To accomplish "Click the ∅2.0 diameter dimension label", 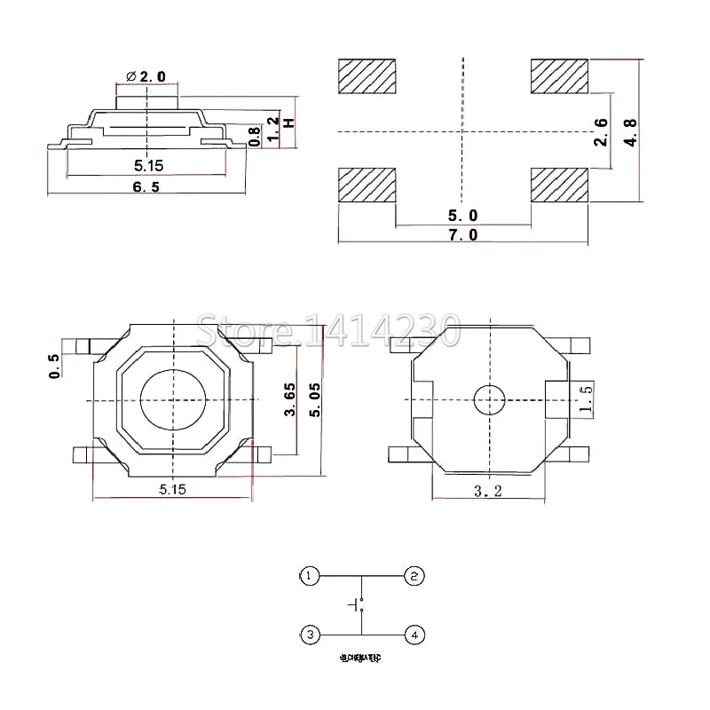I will coord(146,77).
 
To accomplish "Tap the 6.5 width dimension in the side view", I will coord(146,187).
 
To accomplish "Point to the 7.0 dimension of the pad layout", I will coord(462,234).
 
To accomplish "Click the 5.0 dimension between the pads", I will coord(462,216).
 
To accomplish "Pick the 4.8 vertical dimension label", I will coord(631,131).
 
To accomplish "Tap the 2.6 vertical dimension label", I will coord(601,131).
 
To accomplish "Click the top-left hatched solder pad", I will coord(367,76).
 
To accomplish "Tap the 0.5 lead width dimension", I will coord(55,365).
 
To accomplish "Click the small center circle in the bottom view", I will coord(488,400).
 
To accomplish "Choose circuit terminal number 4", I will coord(414,635).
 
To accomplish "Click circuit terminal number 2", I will coord(414,576).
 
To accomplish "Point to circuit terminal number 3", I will coord(308,635).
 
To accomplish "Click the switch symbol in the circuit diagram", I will coord(359,605).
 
